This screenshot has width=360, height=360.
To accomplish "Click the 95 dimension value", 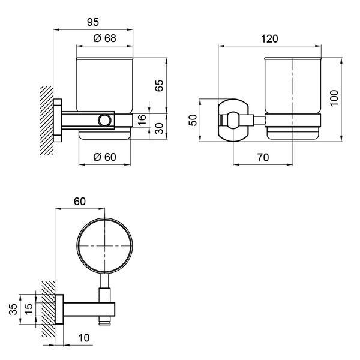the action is [x=93, y=22].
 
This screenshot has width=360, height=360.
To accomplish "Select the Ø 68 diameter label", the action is [x=104, y=38].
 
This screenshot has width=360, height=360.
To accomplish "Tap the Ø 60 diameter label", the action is [x=104, y=157].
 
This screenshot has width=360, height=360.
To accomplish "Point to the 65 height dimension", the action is [x=159, y=86].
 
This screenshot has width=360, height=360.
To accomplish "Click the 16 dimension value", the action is [x=142, y=119].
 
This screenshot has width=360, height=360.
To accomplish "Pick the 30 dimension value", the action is [x=159, y=128].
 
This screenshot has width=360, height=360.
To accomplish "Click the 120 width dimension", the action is [x=269, y=38].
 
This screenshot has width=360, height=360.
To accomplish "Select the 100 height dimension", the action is [x=334, y=98].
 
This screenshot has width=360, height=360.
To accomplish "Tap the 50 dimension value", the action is [x=193, y=120].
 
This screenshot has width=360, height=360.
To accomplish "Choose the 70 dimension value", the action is [x=263, y=157].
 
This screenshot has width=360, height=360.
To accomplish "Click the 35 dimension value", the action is [x=13, y=309].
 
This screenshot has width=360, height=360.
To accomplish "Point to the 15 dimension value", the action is [x=28, y=309].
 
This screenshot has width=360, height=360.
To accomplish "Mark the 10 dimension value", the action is [x=83, y=338].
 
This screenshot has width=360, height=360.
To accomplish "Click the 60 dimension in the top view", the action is [x=80, y=202].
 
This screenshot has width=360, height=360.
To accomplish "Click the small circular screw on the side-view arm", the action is [x=104, y=121].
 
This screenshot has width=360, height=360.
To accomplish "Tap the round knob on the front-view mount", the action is [x=233, y=120].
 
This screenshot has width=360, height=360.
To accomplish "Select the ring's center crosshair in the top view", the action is [x=104, y=246].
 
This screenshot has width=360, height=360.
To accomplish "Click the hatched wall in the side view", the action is [x=47, y=120].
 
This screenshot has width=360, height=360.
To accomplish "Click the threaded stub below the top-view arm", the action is [x=104, y=320].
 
